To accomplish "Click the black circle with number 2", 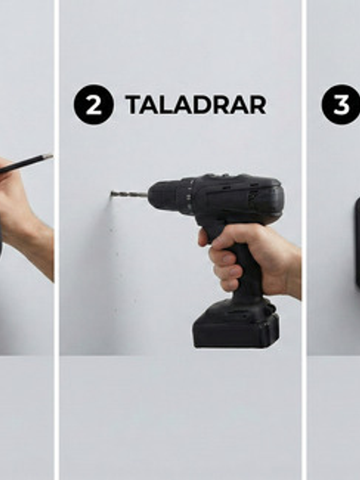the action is click(x=94, y=104).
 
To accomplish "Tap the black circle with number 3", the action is click(x=341, y=104).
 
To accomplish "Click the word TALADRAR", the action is click(x=196, y=105).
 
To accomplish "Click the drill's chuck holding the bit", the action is click(x=162, y=195).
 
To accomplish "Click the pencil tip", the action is click(x=48, y=157).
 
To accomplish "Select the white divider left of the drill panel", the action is click(x=57, y=240).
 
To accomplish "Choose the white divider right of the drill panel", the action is click(x=304, y=240).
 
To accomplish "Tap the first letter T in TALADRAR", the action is click(x=133, y=105).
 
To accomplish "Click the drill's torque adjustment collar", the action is click(x=186, y=196).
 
